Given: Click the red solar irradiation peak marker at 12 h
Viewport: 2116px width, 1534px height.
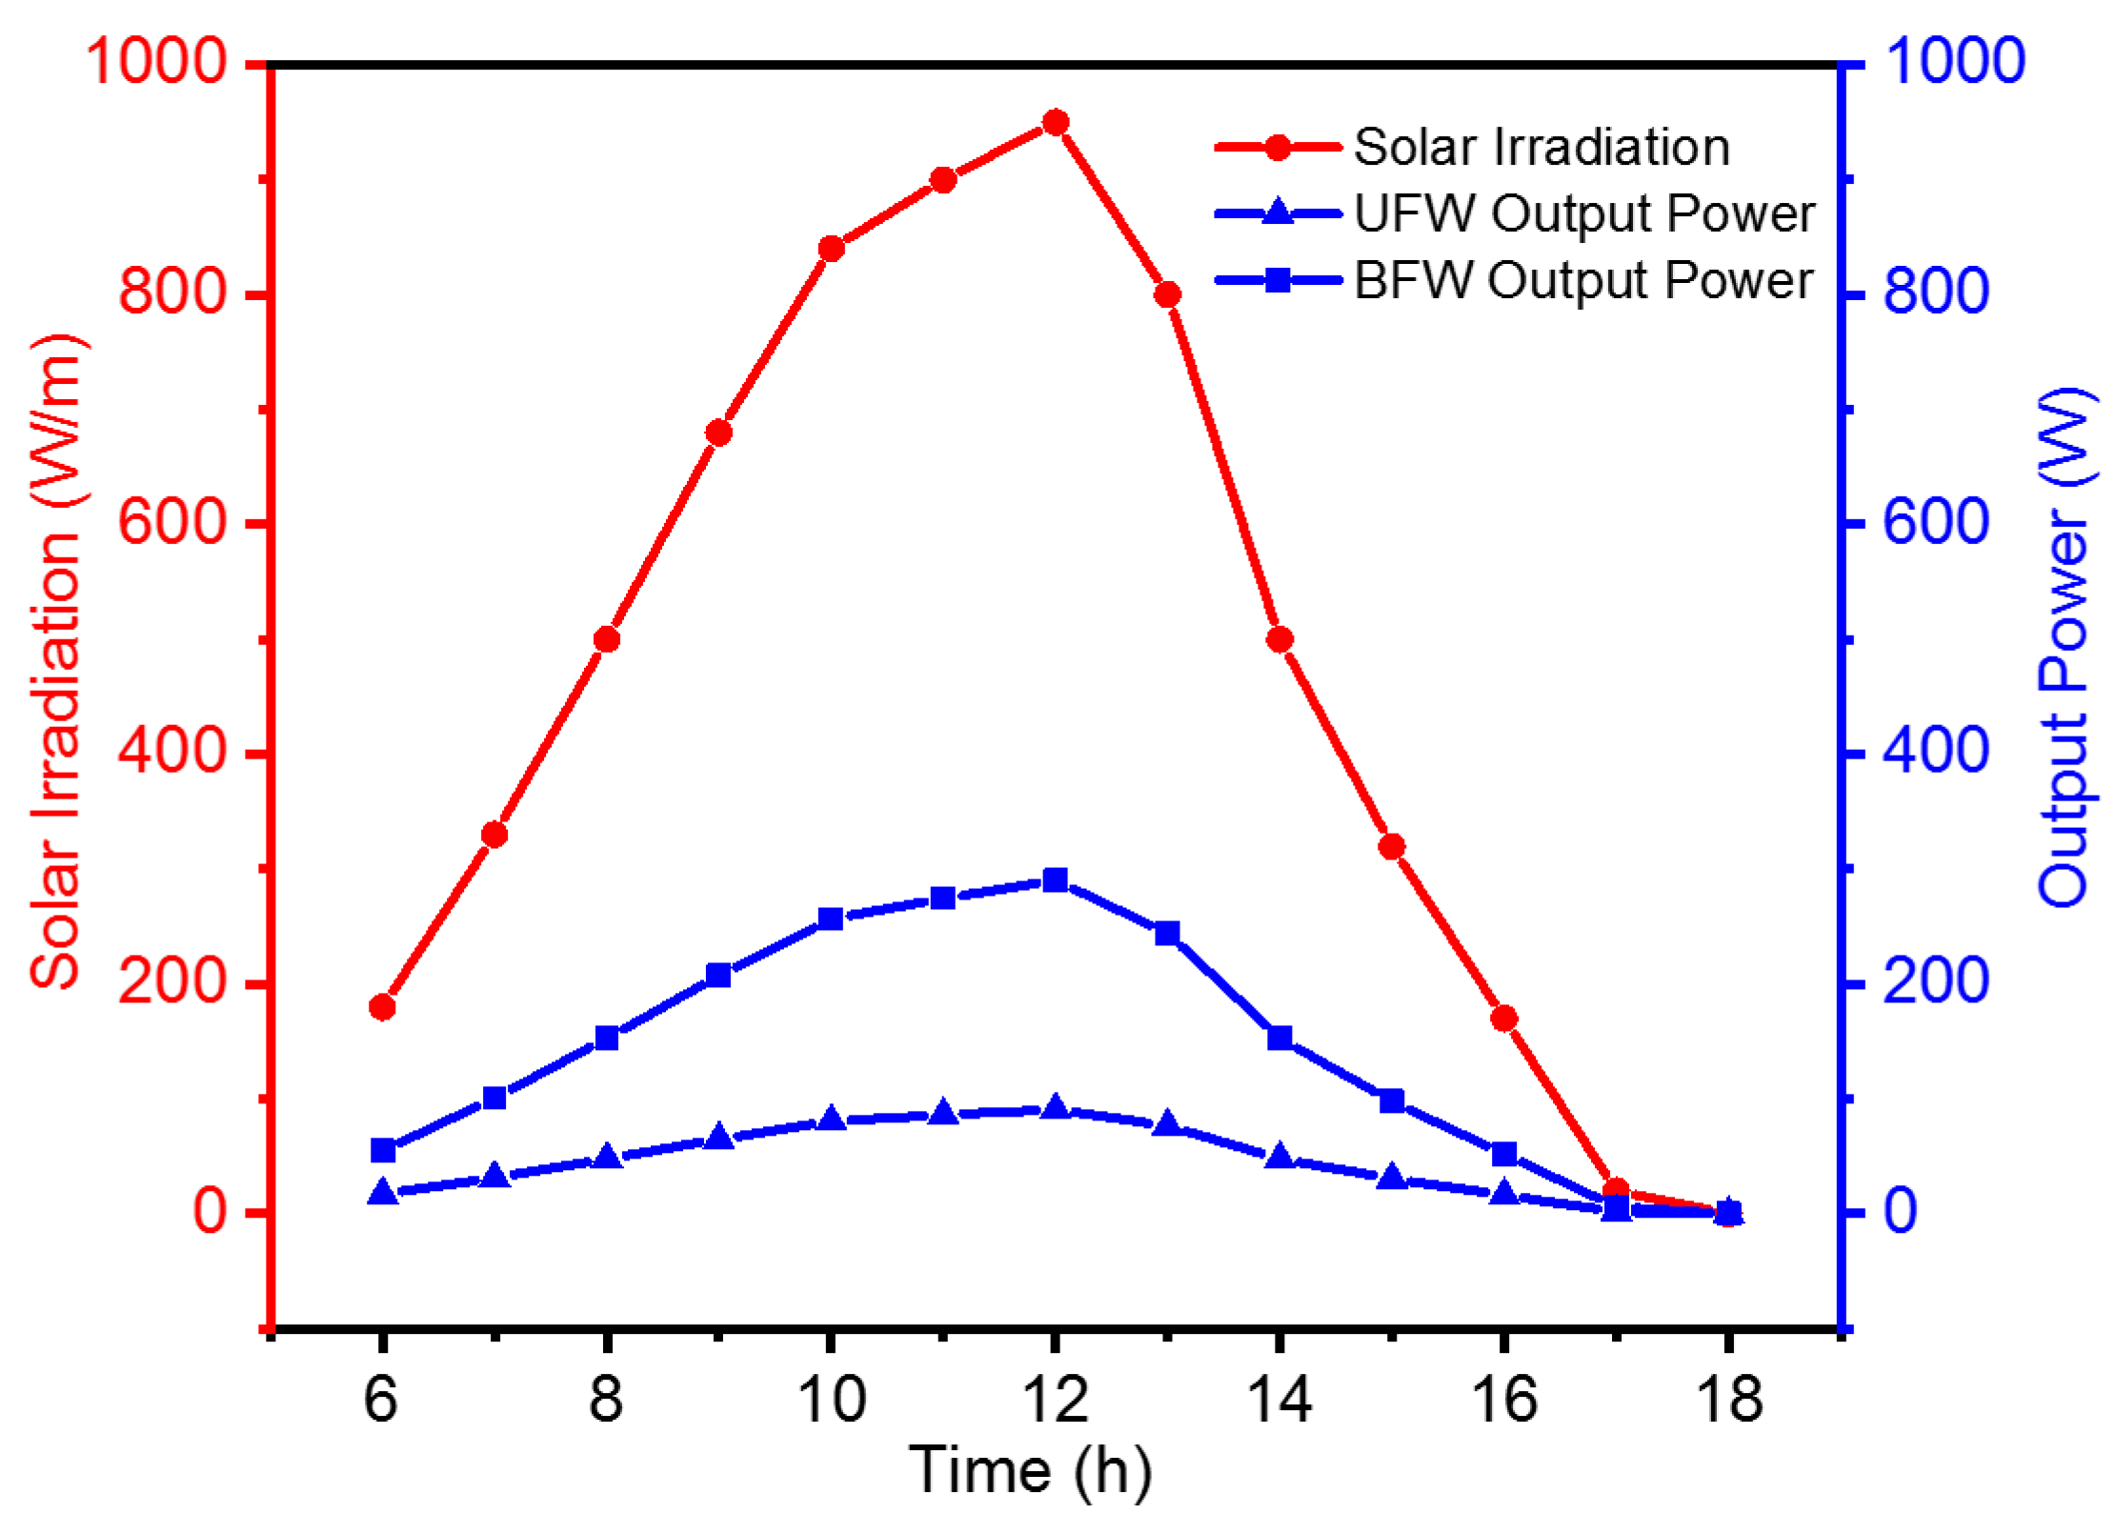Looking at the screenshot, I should click(1055, 122).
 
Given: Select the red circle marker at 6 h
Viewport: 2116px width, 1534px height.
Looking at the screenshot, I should click(382, 1007).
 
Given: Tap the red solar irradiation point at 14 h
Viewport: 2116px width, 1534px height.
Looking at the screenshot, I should click(1280, 639).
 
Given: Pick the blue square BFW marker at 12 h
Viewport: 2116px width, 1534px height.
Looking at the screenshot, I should click(1055, 879).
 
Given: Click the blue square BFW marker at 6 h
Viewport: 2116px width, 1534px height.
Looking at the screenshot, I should click(383, 1150).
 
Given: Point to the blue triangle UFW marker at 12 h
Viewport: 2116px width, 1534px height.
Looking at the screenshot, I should click(1055, 1108).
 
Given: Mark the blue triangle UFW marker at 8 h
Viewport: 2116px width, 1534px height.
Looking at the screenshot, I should click(607, 1158).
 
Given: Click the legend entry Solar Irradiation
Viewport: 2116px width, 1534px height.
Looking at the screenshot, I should click(1541, 148).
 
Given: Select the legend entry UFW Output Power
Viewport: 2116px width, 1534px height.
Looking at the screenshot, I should click(1583, 213).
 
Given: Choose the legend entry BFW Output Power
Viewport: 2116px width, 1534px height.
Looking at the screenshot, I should click(1583, 280).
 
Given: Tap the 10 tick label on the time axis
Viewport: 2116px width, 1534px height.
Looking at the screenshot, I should click(831, 1400).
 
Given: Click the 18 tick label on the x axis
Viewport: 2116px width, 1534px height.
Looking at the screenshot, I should click(1728, 1400).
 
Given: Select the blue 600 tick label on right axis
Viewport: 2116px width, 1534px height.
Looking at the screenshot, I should click(1936, 522).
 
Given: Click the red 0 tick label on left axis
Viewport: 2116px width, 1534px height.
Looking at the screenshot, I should click(210, 1211).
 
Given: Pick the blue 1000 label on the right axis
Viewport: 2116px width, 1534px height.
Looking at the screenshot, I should click(1953, 60).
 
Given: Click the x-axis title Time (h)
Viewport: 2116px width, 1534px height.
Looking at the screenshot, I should click(1031, 1470).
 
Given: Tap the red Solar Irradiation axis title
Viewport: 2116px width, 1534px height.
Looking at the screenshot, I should click(57, 662).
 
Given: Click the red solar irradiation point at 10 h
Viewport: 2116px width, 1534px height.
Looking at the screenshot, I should click(831, 249).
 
